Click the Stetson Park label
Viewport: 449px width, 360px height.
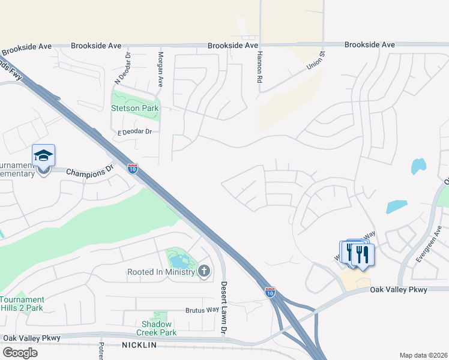[x=135, y=108]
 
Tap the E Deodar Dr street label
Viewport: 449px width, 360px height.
[x=134, y=131]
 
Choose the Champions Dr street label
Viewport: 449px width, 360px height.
[x=89, y=172]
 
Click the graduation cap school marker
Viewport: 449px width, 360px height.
[x=43, y=156]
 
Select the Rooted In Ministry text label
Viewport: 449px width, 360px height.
[x=161, y=272]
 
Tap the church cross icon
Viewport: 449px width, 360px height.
[x=204, y=272]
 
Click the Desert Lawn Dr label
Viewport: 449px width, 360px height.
[x=223, y=308]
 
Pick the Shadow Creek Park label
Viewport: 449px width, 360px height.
[x=156, y=328]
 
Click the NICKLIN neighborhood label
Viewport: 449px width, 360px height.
[x=139, y=345]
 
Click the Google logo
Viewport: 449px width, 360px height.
[x=20, y=352]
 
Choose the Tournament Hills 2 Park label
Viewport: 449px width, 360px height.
[x=23, y=304]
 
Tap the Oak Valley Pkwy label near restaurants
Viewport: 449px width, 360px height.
[x=399, y=290]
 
